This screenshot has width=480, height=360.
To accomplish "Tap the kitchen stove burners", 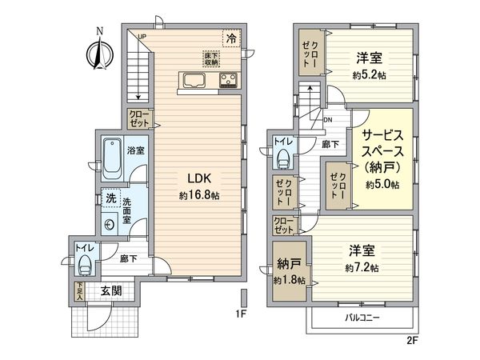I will pos(229,79).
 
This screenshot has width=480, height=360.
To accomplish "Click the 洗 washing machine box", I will pos(106,198).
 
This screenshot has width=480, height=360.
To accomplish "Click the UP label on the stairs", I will pos(142,37).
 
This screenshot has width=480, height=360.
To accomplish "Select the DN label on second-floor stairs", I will pos(328,120).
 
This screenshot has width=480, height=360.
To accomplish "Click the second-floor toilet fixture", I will pos(282,158).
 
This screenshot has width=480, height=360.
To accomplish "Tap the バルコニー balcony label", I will pos(362,318).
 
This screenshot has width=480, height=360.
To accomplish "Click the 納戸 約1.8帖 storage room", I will pos(287,273).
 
